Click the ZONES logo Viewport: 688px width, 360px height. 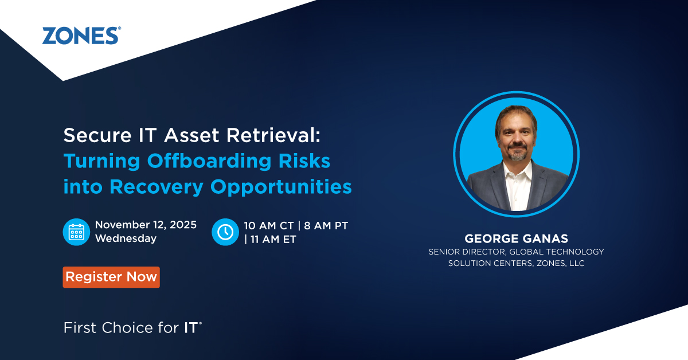click(x=81, y=36)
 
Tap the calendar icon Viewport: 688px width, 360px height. click(x=76, y=232)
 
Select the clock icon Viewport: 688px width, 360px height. click(x=225, y=232)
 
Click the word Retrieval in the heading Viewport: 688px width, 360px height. click(x=273, y=135)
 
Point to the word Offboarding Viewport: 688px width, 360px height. click(x=209, y=161)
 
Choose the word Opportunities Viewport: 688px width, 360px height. click(x=281, y=187)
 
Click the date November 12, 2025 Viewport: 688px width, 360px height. click(x=146, y=225)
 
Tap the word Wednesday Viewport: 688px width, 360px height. click(x=126, y=238)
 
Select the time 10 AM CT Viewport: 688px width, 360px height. click(x=269, y=226)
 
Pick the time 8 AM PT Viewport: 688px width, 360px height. click(x=326, y=226)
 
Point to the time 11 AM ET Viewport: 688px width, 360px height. click(x=273, y=240)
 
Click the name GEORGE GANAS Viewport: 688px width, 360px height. click(x=517, y=238)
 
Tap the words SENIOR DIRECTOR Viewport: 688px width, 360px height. click(x=467, y=252)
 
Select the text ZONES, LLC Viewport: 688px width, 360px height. click(x=561, y=263)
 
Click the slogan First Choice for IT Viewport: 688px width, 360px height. click(x=132, y=328)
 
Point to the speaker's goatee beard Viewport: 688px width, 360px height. click(x=517, y=154)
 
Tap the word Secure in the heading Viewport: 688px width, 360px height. click(x=97, y=135)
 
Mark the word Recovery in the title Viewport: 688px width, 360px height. click(x=157, y=187)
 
